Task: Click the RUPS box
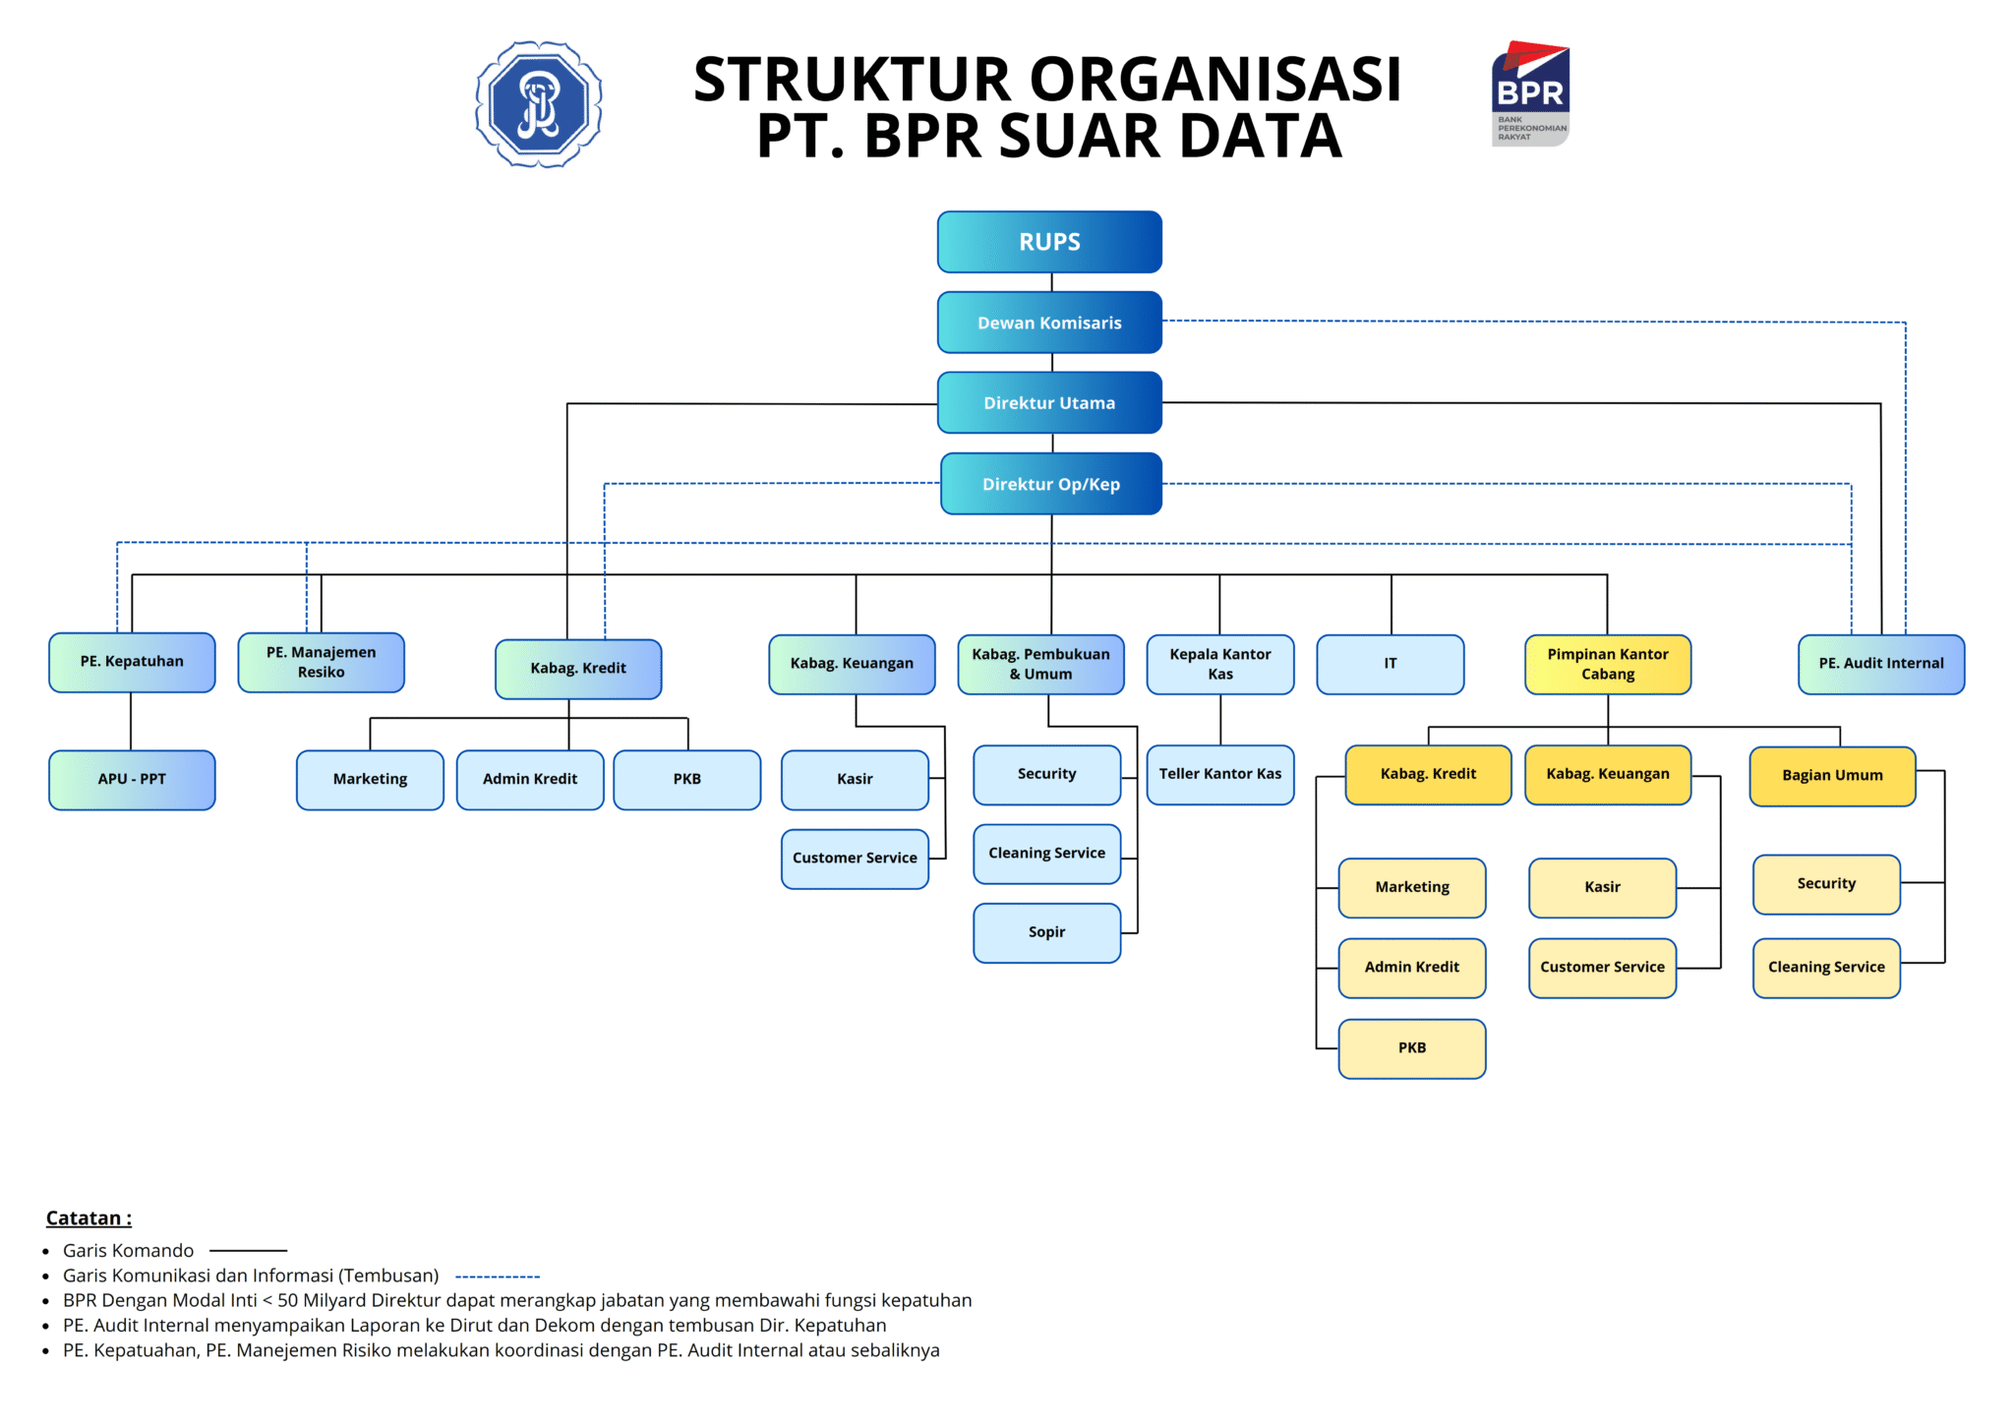[1049, 242]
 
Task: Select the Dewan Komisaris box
[1049, 323]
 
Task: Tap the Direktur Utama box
[1049, 403]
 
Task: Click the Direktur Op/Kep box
[1050, 484]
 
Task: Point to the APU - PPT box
[132, 779]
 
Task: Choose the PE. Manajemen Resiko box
[321, 663]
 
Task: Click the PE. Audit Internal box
[1880, 664]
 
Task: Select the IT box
[1390, 664]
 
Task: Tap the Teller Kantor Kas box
[1219, 774]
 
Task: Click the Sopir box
[1046, 932]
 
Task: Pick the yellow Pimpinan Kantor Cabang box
[1607, 664]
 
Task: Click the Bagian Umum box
[1832, 776]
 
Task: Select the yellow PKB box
[1411, 1048]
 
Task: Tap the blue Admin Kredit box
[529, 779]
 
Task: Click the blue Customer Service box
[855, 859]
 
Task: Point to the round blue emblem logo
[539, 103]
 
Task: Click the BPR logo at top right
[1530, 93]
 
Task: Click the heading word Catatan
[85, 1218]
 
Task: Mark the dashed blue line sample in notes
[498, 1277]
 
